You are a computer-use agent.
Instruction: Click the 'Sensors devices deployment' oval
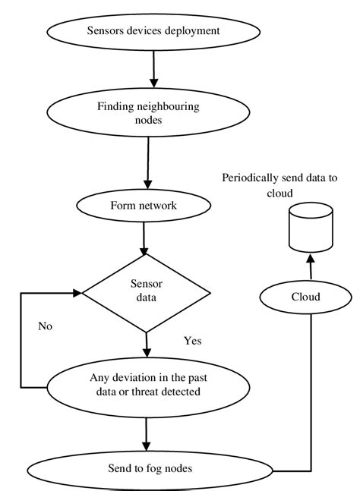tap(154, 31)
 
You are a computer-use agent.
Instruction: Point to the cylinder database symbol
tap(310, 228)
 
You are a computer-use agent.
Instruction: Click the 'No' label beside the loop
tap(46, 326)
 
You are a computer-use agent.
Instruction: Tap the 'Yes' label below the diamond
tap(193, 341)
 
